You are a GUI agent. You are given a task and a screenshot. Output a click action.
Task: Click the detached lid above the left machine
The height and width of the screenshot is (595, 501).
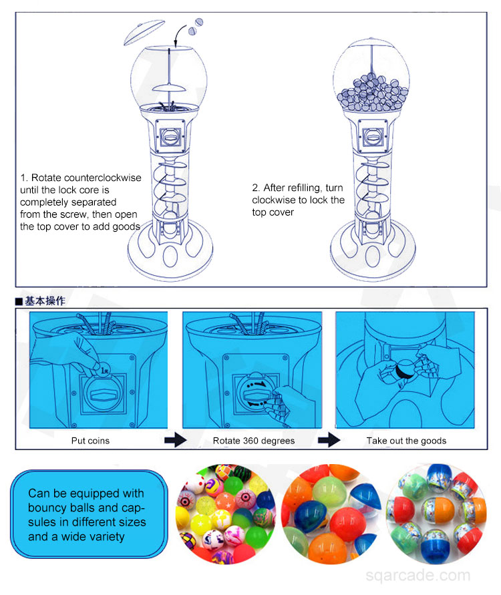coord(144,31)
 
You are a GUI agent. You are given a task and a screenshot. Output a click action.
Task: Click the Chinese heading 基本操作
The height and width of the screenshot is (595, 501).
coord(45,301)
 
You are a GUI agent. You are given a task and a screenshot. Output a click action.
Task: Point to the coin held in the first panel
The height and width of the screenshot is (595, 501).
coord(104,367)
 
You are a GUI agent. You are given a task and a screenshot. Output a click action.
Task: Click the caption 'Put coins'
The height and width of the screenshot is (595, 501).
coord(90,441)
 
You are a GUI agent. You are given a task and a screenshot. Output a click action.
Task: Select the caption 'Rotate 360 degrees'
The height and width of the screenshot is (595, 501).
coord(254,441)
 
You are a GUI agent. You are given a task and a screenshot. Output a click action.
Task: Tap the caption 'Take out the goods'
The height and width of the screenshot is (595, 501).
coord(406,441)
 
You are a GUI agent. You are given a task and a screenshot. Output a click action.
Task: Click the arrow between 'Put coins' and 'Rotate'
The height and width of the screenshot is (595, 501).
coord(174,441)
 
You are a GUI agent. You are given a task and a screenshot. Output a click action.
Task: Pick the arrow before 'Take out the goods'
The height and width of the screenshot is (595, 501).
coord(329,441)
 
